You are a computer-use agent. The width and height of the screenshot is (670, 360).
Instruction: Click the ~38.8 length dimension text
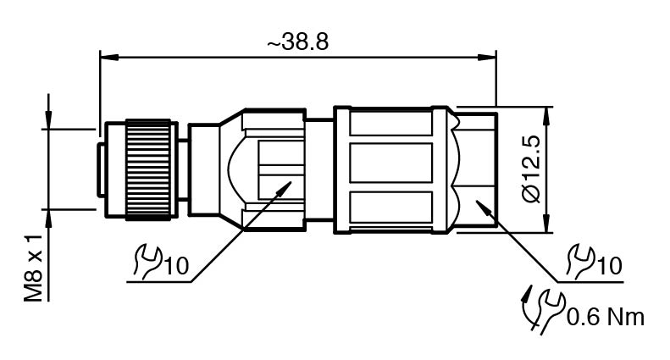pos(298,42)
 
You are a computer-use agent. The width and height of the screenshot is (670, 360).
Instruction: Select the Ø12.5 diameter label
pos(532,169)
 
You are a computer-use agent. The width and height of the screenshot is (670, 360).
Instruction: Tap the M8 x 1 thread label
pos(33,268)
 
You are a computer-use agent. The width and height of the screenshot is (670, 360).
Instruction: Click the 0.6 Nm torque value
pos(606,318)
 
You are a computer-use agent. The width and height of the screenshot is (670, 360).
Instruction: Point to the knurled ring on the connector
pos(148,169)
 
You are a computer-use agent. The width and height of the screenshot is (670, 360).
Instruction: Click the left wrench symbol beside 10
pos(147,262)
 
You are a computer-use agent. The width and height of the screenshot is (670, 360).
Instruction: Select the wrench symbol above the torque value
pos(580,259)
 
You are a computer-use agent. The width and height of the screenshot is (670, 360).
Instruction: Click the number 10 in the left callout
pos(176,266)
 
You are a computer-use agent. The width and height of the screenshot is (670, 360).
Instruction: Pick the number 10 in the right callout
pos(610,266)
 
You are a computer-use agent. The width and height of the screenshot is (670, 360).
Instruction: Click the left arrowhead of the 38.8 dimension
pos(108,57)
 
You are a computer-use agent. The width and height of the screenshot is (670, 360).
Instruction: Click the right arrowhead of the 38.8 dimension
pos(487,57)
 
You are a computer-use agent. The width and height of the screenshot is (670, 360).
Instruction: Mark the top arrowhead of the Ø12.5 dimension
pos(546,116)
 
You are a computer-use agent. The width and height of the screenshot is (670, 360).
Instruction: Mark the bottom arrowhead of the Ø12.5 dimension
pos(546,224)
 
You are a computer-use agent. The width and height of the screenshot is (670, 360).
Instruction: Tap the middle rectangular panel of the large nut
pos(391,163)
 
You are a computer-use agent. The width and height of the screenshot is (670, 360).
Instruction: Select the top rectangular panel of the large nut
pos(391,123)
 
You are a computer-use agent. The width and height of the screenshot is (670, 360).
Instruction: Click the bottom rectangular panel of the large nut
pos(391,208)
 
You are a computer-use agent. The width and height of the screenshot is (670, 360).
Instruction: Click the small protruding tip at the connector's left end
pos(101,170)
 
